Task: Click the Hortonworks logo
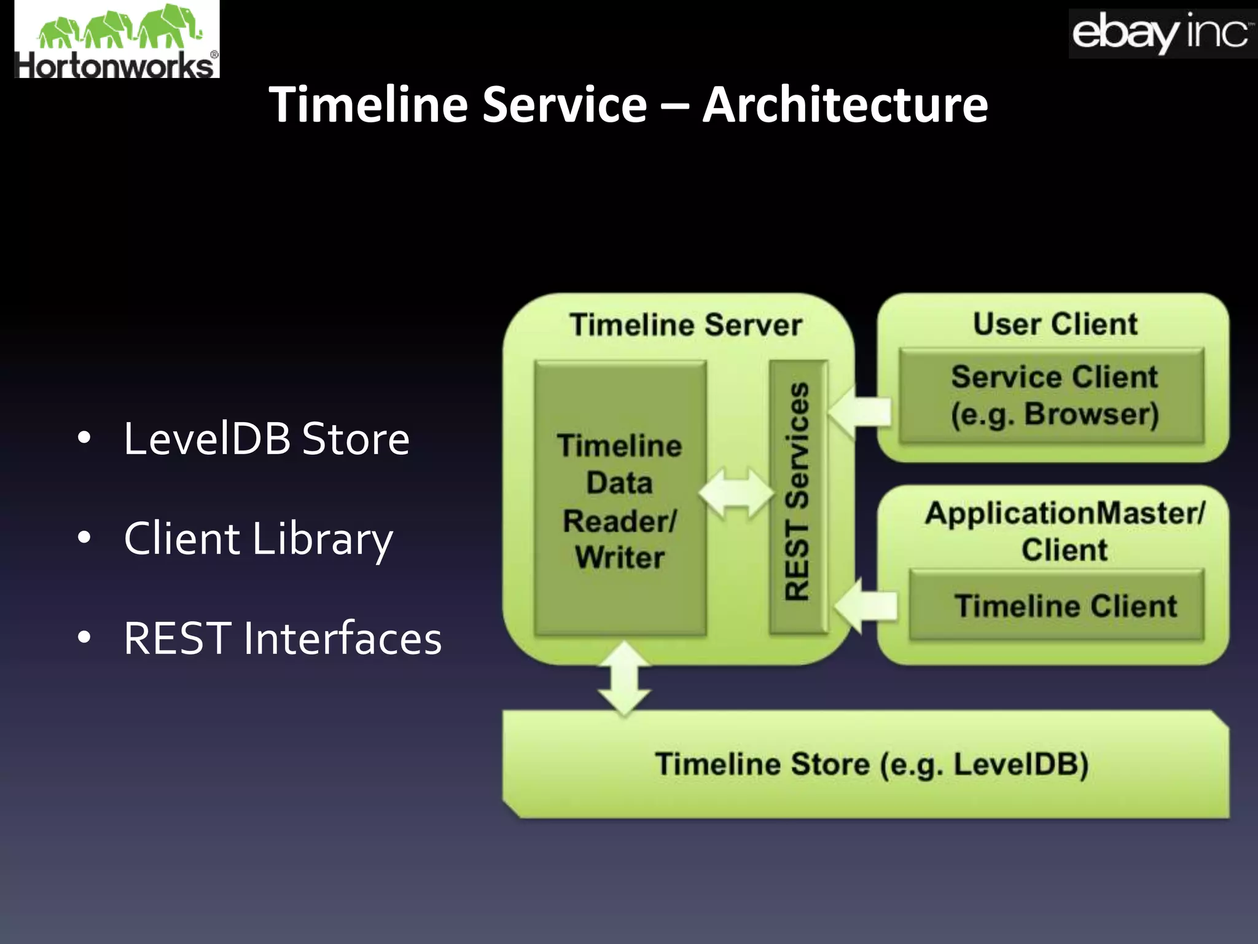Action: pyautogui.click(x=117, y=40)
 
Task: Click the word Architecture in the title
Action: pyautogui.click(x=845, y=104)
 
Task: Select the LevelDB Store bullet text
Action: pyautogui.click(x=266, y=439)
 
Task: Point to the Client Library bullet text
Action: pyautogui.click(x=258, y=539)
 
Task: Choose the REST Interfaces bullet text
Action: pyautogui.click(x=283, y=639)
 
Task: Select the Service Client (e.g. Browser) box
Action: pyautogui.click(x=1052, y=395)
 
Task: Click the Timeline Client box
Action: pyautogui.click(x=1057, y=606)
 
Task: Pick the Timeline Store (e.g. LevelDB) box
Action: pyautogui.click(x=866, y=764)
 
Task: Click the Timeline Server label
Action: pyautogui.click(x=686, y=324)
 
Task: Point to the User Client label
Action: pyautogui.click(x=1055, y=324)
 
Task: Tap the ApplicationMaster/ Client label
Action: pyautogui.click(x=1065, y=531)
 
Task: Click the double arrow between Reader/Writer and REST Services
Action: pyautogui.click(x=737, y=493)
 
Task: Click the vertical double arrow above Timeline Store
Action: pyautogui.click(x=624, y=678)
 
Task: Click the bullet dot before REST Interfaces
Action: pyautogui.click(x=84, y=638)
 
